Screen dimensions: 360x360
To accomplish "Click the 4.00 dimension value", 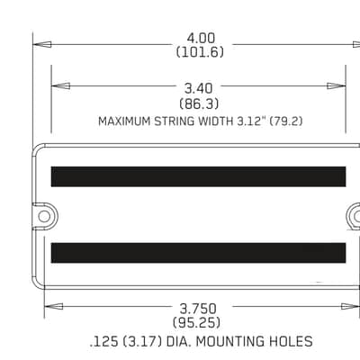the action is tap(201, 39).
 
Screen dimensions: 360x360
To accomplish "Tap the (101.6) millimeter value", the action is tap(200, 52).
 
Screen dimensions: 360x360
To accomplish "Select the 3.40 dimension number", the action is tap(198, 88).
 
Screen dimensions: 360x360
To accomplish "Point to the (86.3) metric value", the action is tap(199, 103).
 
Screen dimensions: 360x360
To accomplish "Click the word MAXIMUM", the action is tap(124, 121).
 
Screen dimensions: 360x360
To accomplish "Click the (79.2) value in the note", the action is tap(286, 121).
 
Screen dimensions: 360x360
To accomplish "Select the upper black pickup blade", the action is tap(198, 176).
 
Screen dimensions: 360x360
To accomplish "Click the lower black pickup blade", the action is tap(198, 253).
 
